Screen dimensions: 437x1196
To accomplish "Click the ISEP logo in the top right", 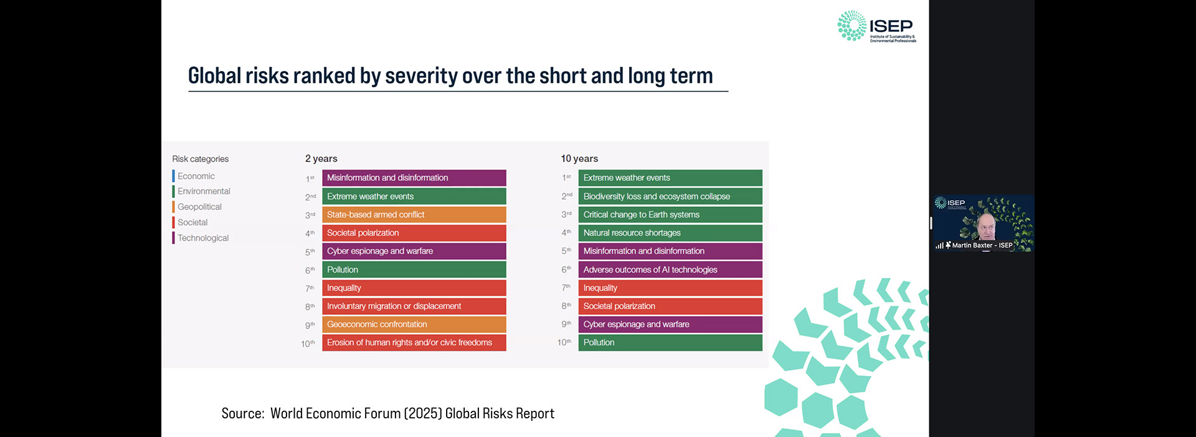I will (x=876, y=26).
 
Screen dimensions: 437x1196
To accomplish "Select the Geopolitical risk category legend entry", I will (x=199, y=207).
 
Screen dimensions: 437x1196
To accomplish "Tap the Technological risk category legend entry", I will (x=202, y=238).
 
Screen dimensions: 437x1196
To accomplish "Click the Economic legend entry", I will (x=196, y=176).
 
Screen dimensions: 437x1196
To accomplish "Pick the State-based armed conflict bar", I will (x=414, y=214).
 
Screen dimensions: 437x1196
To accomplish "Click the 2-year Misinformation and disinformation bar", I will (x=414, y=178).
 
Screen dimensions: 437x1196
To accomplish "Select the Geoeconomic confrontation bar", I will (x=414, y=324).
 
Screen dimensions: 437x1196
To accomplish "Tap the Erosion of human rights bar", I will (x=414, y=342).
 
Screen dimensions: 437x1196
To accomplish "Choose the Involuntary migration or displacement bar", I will (x=414, y=306).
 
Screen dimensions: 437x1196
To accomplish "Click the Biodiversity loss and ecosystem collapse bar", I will (x=670, y=196).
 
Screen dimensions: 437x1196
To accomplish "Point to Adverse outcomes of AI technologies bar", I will (x=670, y=269).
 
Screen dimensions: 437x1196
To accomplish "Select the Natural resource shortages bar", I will (x=670, y=233).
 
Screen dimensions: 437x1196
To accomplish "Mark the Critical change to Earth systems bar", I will (x=670, y=214).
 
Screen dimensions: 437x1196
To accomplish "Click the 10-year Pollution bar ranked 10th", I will (x=670, y=342).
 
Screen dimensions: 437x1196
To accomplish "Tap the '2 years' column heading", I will (x=321, y=158).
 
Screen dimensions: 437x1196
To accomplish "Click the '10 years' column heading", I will (x=579, y=158).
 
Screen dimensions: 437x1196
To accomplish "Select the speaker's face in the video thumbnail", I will (x=986, y=226).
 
